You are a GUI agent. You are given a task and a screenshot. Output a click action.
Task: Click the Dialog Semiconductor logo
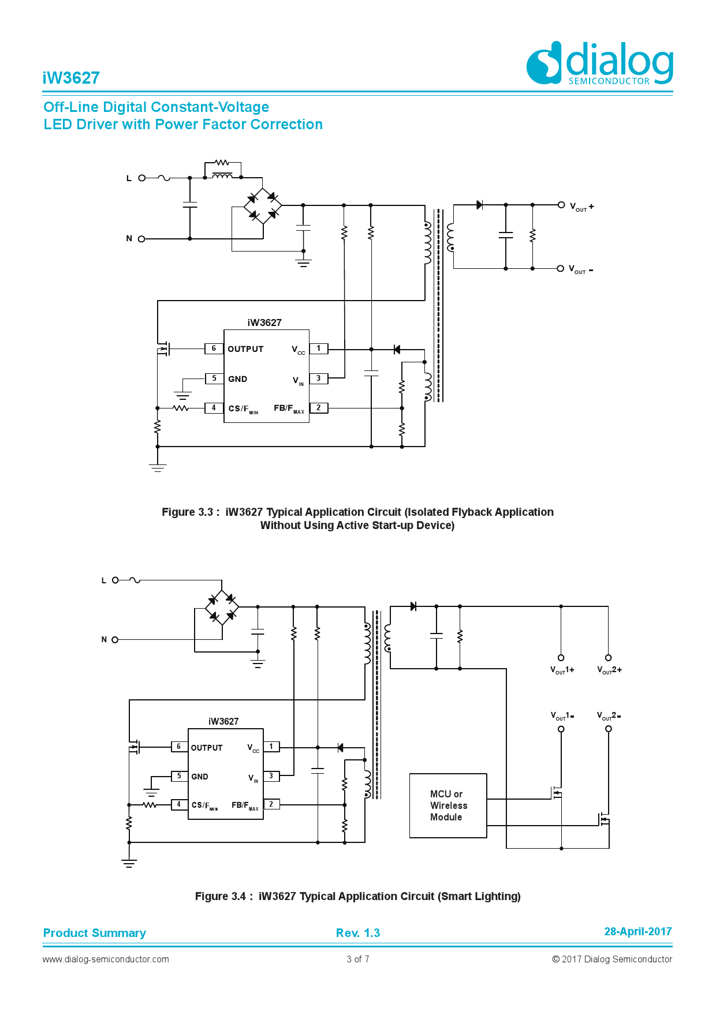[x=599, y=63]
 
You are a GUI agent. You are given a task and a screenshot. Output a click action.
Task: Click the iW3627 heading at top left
[x=71, y=78]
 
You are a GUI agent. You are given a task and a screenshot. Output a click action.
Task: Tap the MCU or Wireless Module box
[x=448, y=805]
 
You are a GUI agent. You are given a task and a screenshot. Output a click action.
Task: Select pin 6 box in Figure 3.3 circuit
[x=214, y=348]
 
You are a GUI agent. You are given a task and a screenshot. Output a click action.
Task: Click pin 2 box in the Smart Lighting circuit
[x=271, y=804]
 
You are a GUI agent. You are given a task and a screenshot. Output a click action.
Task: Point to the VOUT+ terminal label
[x=581, y=207]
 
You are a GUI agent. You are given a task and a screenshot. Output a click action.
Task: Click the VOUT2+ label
[x=609, y=670]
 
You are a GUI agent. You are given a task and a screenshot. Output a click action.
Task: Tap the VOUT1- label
[x=562, y=716]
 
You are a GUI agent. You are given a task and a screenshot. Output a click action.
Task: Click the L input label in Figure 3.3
[x=129, y=178]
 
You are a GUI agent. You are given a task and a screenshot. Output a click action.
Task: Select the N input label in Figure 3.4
[x=104, y=639]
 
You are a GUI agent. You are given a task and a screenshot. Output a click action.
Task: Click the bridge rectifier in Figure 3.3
[x=263, y=205]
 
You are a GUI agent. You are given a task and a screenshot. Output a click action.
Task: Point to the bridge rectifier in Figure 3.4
[x=222, y=607]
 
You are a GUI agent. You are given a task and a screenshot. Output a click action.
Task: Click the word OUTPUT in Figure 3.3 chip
[x=245, y=349]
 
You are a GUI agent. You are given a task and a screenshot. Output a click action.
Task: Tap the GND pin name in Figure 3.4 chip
[x=200, y=777]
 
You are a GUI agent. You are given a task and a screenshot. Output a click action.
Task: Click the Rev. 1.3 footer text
[x=358, y=933]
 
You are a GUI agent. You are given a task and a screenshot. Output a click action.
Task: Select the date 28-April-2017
[x=637, y=931]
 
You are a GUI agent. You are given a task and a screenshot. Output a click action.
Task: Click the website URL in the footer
[x=106, y=959]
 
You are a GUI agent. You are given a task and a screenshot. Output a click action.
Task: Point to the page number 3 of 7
[x=358, y=959]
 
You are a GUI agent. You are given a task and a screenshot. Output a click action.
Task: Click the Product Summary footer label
[x=95, y=933]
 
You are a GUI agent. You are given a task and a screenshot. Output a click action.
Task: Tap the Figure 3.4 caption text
[x=358, y=896]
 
